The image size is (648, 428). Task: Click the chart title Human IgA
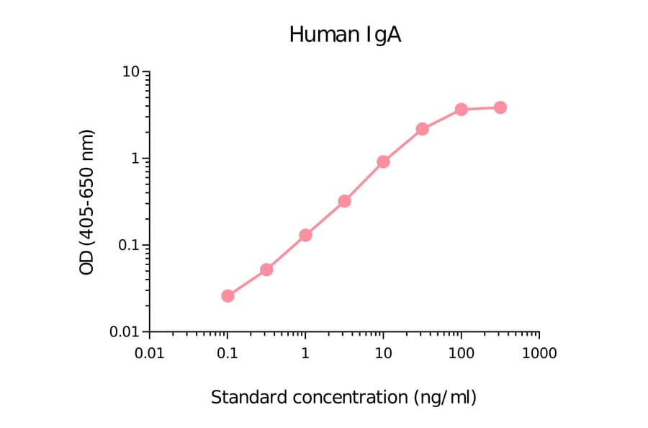click(x=345, y=35)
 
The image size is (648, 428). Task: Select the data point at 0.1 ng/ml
click(x=228, y=295)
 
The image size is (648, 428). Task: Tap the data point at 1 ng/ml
click(x=305, y=235)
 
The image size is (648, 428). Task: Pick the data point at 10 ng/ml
click(x=383, y=161)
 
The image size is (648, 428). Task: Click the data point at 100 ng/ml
click(x=461, y=109)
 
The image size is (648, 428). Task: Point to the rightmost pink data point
click(x=500, y=107)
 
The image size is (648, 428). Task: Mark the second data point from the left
click(x=266, y=269)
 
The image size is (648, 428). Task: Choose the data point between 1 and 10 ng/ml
click(x=344, y=201)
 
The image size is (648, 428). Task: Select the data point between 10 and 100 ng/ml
click(x=422, y=129)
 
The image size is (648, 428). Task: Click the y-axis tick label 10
click(x=130, y=72)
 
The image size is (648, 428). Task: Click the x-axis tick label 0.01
click(x=150, y=354)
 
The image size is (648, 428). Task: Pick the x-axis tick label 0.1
click(x=228, y=354)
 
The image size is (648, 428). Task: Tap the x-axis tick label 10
click(x=383, y=354)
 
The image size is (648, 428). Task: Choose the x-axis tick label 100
click(x=461, y=354)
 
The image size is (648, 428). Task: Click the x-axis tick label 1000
click(x=539, y=354)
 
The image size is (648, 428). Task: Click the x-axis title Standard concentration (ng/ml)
click(x=344, y=397)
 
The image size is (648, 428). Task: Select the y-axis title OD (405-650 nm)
click(x=87, y=202)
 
